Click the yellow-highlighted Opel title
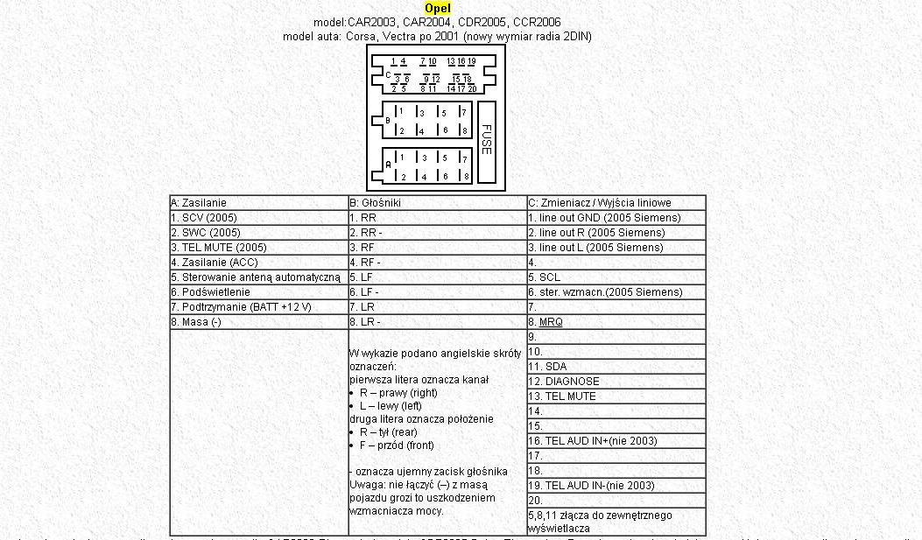click(x=438, y=9)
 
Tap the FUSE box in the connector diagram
click(x=487, y=141)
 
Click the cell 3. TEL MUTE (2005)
click(x=219, y=248)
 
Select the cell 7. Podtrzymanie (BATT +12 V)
click(x=241, y=307)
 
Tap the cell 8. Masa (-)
click(x=196, y=322)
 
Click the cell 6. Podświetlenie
click(x=210, y=292)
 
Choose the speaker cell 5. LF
click(x=361, y=277)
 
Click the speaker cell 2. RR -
click(x=365, y=233)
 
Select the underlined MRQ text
click(x=551, y=322)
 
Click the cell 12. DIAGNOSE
click(x=563, y=382)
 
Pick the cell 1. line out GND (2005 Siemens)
click(x=604, y=218)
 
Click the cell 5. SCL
click(x=544, y=277)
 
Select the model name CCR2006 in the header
click(x=538, y=22)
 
